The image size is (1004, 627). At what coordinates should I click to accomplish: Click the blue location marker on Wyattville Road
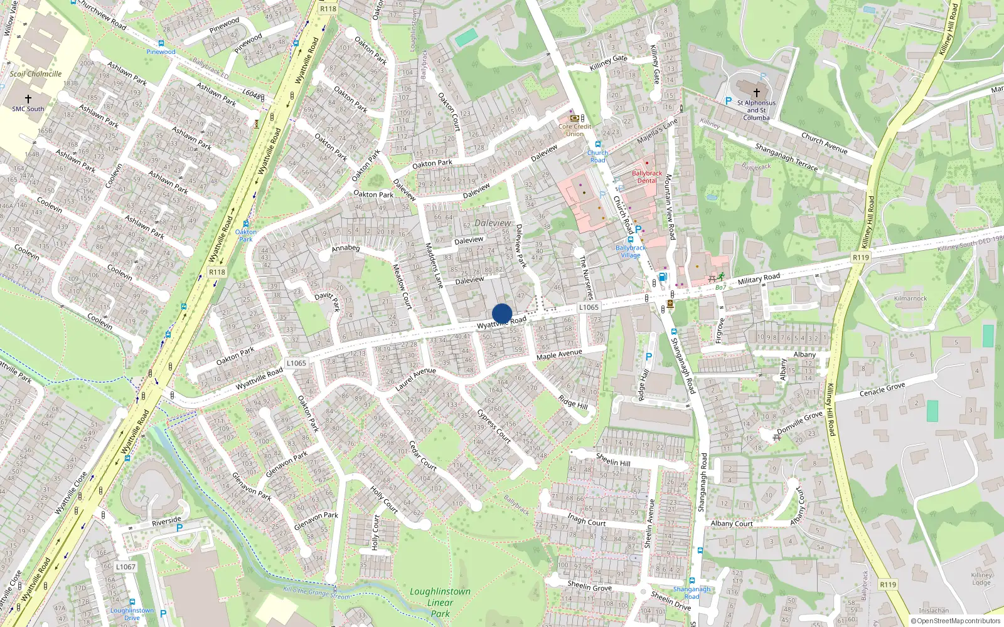[x=502, y=313]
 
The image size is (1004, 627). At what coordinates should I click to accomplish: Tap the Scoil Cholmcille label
[x=36, y=74]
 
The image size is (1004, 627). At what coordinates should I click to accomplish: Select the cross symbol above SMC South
[x=28, y=98]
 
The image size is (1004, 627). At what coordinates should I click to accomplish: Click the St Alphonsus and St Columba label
[x=756, y=110]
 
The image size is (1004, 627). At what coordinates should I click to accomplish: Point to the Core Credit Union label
[x=575, y=130]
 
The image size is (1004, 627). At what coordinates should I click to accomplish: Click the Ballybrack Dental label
[x=647, y=177]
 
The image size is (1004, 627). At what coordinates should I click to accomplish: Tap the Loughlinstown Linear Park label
[x=440, y=602]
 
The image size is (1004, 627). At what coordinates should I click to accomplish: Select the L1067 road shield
[x=125, y=567]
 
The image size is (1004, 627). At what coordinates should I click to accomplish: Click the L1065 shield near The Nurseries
[x=589, y=307]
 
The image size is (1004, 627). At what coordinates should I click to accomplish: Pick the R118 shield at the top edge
[x=328, y=9]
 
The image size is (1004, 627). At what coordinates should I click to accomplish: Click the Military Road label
[x=759, y=278]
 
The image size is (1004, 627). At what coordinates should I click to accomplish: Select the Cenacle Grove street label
[x=882, y=390]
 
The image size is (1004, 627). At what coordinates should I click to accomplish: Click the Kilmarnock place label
[x=911, y=298]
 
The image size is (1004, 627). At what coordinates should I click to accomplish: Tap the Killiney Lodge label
[x=981, y=579]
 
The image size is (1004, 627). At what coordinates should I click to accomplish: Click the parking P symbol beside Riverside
[x=179, y=528]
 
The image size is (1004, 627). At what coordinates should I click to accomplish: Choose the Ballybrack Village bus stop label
[x=631, y=251]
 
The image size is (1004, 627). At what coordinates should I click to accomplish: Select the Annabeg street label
[x=346, y=248]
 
